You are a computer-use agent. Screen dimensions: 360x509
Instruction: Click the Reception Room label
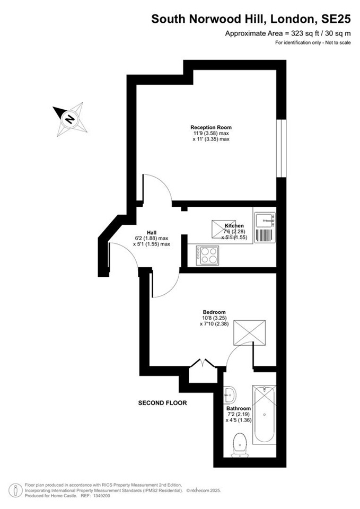click(211, 127)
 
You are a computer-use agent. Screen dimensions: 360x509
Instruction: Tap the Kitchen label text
click(234, 226)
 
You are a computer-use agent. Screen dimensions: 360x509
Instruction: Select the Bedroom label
click(214, 312)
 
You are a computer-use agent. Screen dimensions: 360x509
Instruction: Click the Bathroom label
click(239, 408)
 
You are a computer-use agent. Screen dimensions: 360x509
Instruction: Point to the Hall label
click(152, 232)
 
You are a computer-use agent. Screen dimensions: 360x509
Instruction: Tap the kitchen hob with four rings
click(207, 255)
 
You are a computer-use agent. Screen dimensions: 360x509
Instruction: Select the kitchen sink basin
click(265, 221)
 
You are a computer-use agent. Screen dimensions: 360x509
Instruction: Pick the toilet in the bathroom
click(239, 444)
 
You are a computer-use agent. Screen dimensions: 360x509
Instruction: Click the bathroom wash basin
click(230, 394)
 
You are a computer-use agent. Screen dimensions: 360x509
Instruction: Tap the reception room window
click(282, 148)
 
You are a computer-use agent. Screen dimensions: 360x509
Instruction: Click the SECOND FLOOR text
click(163, 403)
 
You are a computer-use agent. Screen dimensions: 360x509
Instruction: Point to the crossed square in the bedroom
click(250, 333)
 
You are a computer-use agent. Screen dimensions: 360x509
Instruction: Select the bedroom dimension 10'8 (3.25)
click(214, 318)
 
